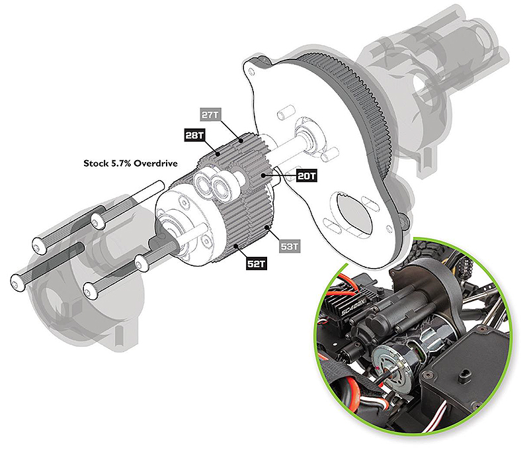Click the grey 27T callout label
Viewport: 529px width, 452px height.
(x=210, y=114)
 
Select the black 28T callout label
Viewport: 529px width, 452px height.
(x=194, y=136)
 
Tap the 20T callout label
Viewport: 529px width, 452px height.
(x=306, y=176)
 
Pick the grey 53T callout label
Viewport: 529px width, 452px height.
(x=290, y=246)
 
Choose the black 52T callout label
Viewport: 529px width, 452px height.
(x=257, y=263)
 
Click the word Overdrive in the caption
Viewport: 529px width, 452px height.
(x=155, y=163)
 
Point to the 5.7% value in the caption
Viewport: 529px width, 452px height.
(x=119, y=163)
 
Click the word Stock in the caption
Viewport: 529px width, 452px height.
(x=94, y=163)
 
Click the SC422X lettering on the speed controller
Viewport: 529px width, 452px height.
(x=353, y=308)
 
